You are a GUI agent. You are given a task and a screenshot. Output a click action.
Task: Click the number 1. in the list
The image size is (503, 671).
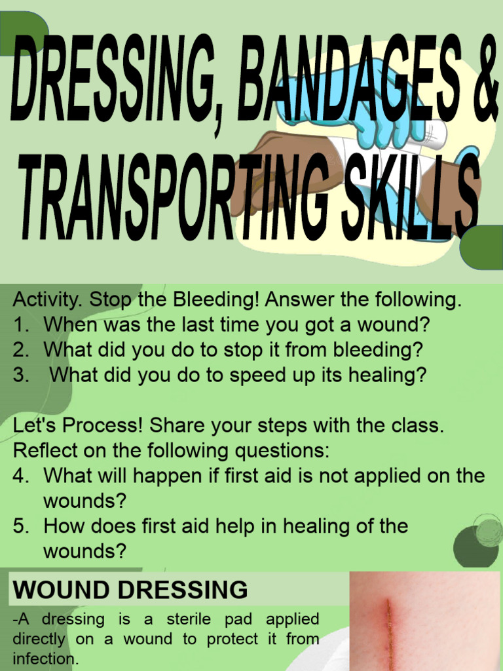[x=21, y=326]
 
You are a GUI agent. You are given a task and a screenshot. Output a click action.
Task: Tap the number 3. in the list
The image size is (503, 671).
[x=21, y=375]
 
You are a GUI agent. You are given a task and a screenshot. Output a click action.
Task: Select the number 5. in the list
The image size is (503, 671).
[x=21, y=526]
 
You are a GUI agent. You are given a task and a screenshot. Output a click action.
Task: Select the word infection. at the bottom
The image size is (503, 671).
[x=45, y=659]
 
